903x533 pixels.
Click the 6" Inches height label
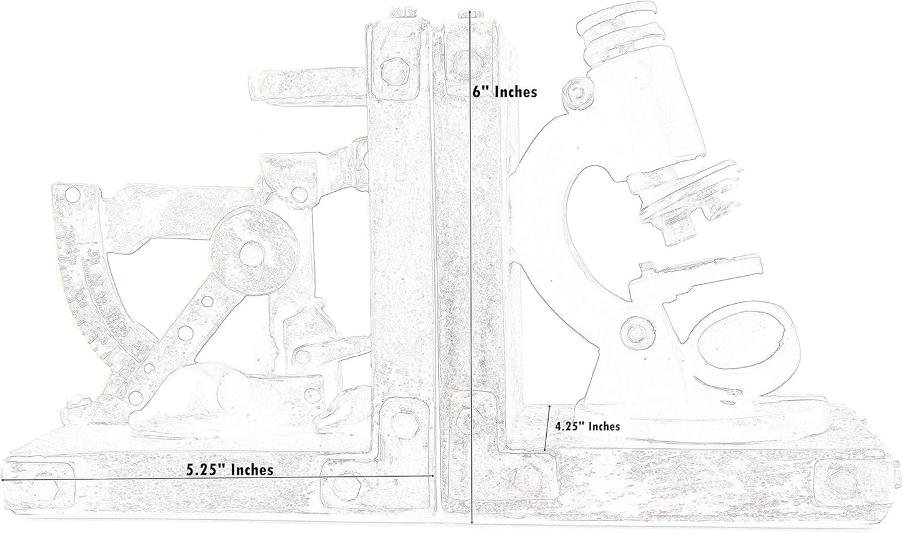tap(505, 92)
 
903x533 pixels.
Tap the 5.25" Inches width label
tap(230, 469)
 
